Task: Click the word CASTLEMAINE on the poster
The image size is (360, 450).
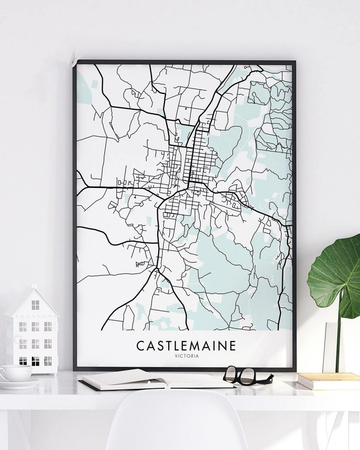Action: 185,346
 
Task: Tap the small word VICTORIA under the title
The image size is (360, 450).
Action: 185,357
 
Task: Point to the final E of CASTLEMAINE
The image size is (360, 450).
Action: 232,346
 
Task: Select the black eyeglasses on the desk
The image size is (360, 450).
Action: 247,375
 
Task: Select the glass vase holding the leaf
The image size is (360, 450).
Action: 333,346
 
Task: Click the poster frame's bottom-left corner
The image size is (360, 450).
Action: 75,369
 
